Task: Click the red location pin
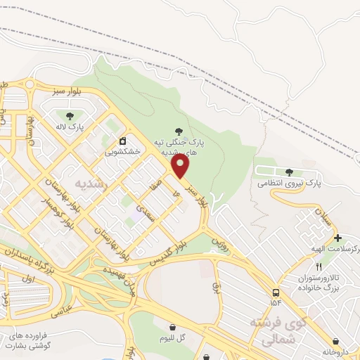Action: tap(181, 167)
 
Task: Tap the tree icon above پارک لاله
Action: tap(69, 116)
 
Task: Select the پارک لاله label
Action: tap(70, 128)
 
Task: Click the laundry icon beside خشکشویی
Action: tap(122, 140)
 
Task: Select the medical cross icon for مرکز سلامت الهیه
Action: tap(337, 238)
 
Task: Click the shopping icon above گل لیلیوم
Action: tap(172, 326)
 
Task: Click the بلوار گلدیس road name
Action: tap(169, 254)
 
